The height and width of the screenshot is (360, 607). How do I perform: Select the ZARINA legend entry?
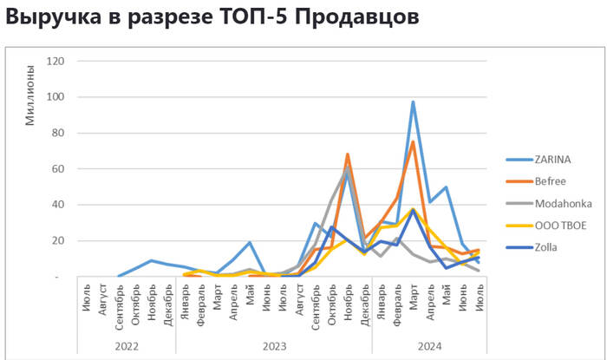[552, 159]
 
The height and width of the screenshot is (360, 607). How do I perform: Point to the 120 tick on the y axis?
[56, 61]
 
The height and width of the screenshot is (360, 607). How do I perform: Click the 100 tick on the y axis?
[56, 97]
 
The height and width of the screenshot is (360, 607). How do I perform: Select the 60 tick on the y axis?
[59, 169]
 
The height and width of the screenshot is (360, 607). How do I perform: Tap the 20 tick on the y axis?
[59, 241]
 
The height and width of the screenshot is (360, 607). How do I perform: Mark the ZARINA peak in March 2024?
[413, 102]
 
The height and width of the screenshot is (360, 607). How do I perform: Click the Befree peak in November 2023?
[348, 154]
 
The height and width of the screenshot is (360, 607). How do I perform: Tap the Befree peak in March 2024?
[413, 142]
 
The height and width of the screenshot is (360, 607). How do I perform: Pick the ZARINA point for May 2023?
[249, 243]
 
